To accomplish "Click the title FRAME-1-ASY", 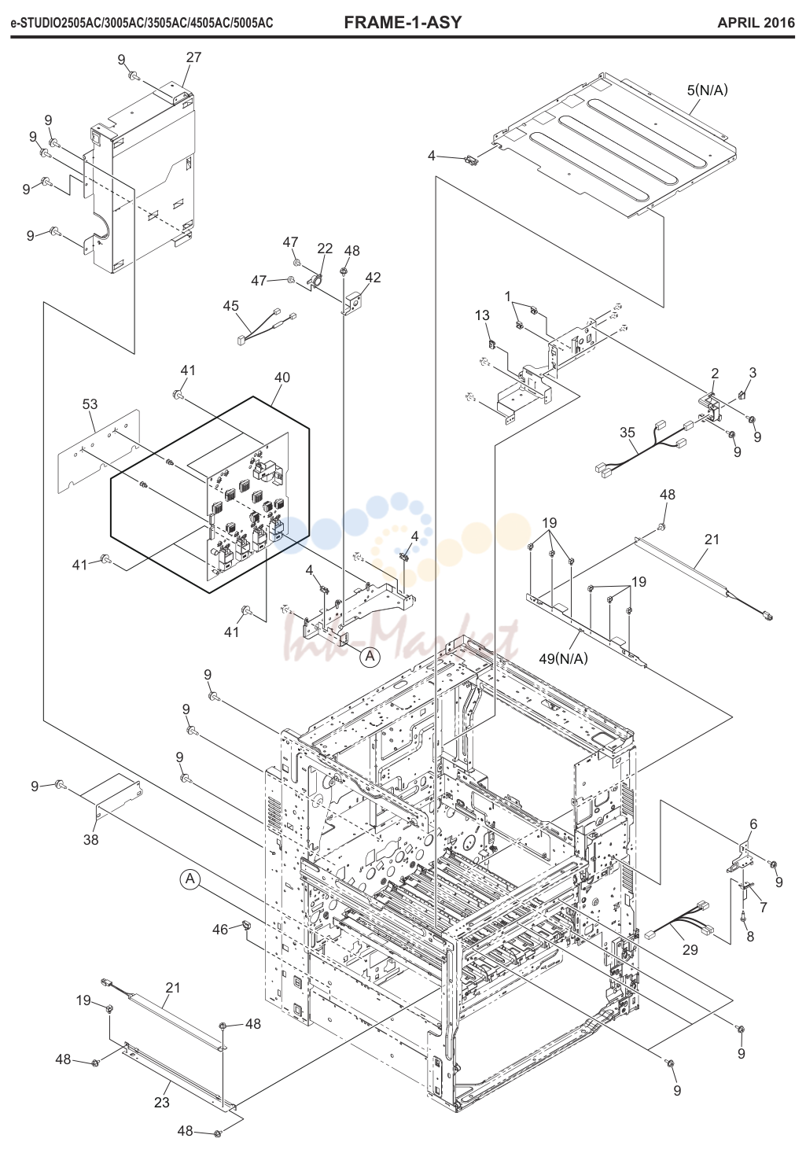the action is pyautogui.click(x=403, y=22).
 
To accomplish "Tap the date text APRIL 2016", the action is pyautogui.click(x=756, y=23).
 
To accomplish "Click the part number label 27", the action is pyautogui.click(x=193, y=57).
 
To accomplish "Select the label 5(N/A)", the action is pyautogui.click(x=707, y=90).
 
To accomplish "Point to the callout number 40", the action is pyautogui.click(x=282, y=378).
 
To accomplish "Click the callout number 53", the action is pyautogui.click(x=90, y=404).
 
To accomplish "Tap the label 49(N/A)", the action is pyautogui.click(x=564, y=658).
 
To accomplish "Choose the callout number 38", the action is pyautogui.click(x=90, y=839).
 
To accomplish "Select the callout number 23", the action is pyautogui.click(x=162, y=1102).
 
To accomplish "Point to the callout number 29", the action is pyautogui.click(x=690, y=949).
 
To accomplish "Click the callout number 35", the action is pyautogui.click(x=628, y=433).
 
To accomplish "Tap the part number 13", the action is pyautogui.click(x=482, y=315).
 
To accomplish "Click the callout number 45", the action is pyautogui.click(x=230, y=306).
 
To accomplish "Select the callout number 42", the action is pyautogui.click(x=373, y=278).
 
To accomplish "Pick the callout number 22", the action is pyautogui.click(x=325, y=249).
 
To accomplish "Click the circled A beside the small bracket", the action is pyautogui.click(x=370, y=657).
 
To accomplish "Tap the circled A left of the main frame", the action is pyautogui.click(x=190, y=879).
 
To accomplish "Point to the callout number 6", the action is pyautogui.click(x=753, y=824).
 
